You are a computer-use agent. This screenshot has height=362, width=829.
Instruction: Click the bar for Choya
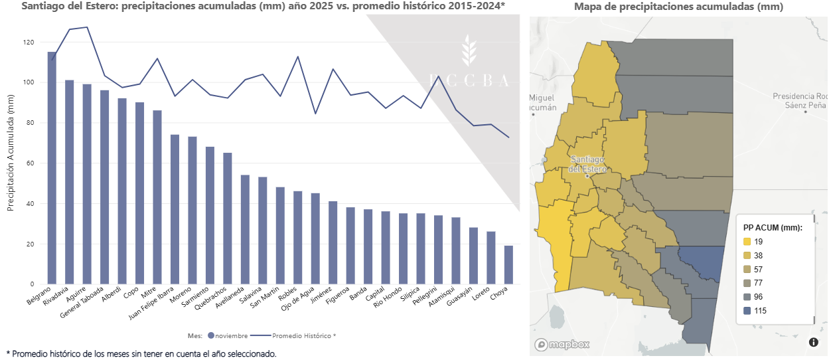pyautogui.click(x=508, y=265)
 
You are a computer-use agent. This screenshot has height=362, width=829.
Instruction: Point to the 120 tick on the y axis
pyautogui.click(x=28, y=43)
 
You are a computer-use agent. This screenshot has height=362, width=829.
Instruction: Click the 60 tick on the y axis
pyautogui.click(x=30, y=163)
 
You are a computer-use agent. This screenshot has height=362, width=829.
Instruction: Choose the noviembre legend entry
pyautogui.click(x=226, y=336)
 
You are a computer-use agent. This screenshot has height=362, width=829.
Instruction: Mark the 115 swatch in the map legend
pyautogui.click(x=747, y=311)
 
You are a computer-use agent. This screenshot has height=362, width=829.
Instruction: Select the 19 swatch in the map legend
pyautogui.click(x=747, y=242)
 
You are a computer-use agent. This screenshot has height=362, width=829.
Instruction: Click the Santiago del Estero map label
pyautogui.click(x=587, y=164)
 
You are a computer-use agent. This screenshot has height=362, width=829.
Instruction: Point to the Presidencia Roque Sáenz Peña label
pyautogui.click(x=800, y=100)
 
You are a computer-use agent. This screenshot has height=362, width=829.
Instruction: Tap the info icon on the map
pyautogui.click(x=814, y=342)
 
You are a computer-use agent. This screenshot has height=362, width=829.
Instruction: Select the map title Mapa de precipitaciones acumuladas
pyautogui.click(x=678, y=7)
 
